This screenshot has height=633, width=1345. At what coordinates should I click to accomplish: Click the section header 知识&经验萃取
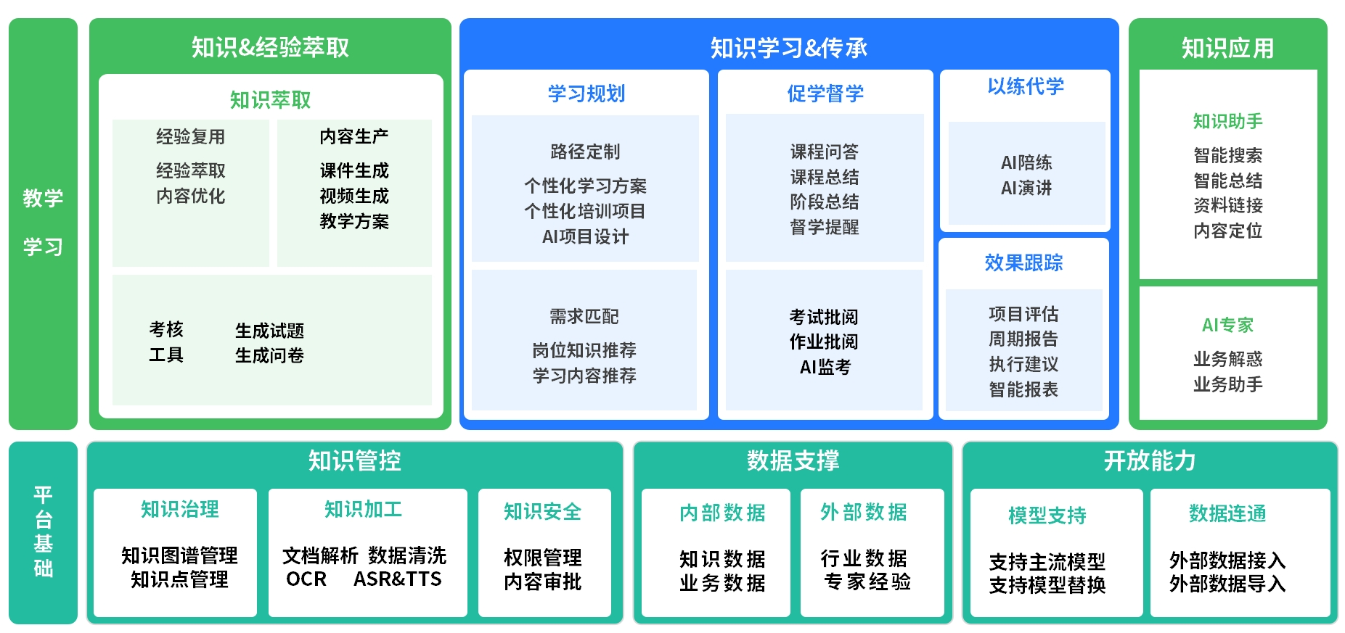tap(270, 48)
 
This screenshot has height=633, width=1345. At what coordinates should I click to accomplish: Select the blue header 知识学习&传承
tap(788, 48)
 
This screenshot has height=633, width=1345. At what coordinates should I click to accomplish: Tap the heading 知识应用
tap(1227, 48)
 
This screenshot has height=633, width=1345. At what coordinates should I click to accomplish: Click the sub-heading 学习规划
tap(586, 94)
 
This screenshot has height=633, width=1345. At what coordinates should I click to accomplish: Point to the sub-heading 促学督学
tap(825, 94)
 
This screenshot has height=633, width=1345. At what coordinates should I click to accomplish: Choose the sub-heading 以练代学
tap(1025, 86)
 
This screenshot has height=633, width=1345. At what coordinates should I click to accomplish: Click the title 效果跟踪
tap(1023, 262)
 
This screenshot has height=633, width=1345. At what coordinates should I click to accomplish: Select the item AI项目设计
tap(585, 236)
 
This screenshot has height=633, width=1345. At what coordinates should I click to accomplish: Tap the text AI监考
tap(825, 367)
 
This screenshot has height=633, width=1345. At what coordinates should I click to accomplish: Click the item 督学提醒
tap(825, 227)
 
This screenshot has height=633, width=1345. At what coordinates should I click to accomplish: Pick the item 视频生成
tap(354, 196)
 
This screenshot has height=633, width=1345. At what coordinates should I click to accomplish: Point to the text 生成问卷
tap(269, 355)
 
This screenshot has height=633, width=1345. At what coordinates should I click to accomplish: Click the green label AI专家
tap(1227, 325)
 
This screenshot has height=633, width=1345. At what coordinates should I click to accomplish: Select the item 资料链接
tap(1227, 205)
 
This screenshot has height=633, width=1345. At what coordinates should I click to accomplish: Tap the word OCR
tap(306, 579)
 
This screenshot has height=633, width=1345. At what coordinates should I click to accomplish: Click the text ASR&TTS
tap(397, 579)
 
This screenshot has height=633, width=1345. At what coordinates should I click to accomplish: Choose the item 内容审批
tap(542, 582)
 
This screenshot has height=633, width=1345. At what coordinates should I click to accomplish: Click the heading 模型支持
tap(1047, 516)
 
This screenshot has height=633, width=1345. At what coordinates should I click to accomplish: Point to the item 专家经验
tap(867, 582)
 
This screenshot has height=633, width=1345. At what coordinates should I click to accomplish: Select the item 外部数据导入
tap(1227, 584)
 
